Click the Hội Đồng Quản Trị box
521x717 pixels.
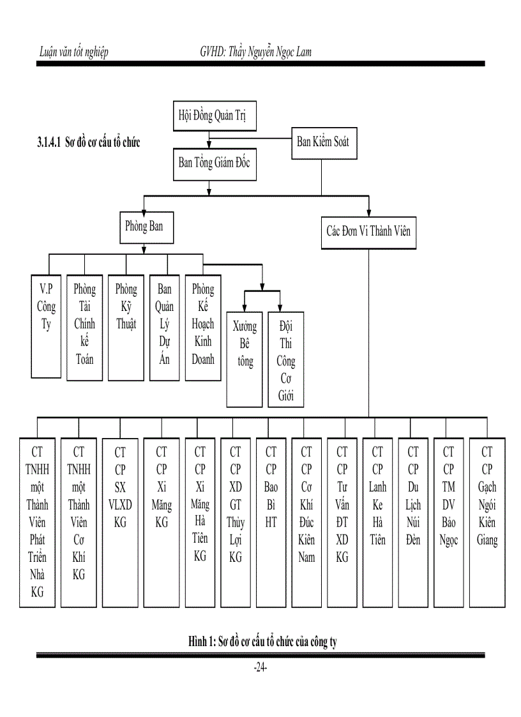coord(208,118)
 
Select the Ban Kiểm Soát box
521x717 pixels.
coord(323,142)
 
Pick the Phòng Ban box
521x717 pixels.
coord(144,227)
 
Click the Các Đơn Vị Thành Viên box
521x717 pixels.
coord(368,231)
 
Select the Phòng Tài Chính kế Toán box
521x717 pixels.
coord(84,327)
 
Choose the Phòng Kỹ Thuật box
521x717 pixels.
coord(126,327)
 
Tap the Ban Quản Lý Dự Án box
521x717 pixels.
coord(164,327)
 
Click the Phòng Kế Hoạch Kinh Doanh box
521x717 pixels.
coord(203,327)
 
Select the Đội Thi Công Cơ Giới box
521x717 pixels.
coord(285,359)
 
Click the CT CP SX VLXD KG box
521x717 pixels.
coord(120,522)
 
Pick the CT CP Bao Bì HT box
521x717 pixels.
coord(271,522)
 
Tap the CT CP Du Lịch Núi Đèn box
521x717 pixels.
coord(413,522)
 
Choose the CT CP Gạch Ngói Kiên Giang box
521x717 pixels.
coord(487,522)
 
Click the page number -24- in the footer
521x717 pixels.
coord(260,668)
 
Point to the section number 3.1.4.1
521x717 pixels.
coord(49,142)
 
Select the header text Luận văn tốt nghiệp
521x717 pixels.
coord(73,52)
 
